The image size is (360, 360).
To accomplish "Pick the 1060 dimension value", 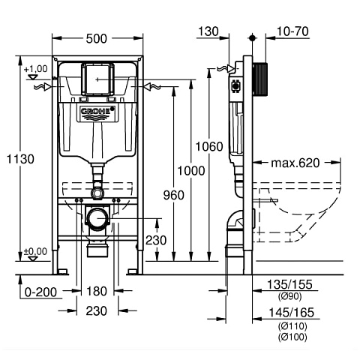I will pos(211,146).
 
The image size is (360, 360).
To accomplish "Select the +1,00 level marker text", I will pos(34,69).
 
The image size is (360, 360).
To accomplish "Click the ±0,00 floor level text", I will pos(34,251).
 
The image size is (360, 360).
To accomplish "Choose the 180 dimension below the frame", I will pos(97,290).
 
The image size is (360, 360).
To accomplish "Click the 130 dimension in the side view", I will pos(208,31).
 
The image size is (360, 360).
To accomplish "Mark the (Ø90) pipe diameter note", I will pos(289,297).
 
